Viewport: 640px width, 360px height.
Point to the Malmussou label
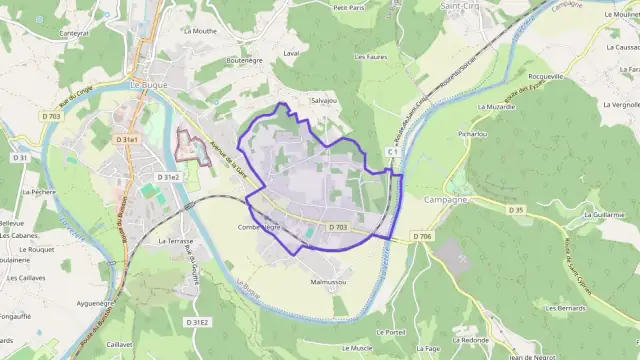(x=328, y=283)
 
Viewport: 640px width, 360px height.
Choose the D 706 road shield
(x=423, y=237)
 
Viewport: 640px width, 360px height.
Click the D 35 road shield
(x=516, y=210)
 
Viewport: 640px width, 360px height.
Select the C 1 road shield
(x=393, y=151)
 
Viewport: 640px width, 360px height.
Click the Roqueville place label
(x=545, y=76)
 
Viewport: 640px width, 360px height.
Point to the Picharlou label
(x=472, y=132)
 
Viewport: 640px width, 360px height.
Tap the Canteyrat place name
(x=74, y=33)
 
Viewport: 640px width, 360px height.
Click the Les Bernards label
(x=565, y=309)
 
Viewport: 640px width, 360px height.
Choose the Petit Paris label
(x=349, y=7)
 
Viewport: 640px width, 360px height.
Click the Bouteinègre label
(x=244, y=60)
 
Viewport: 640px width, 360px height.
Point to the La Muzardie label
(x=496, y=106)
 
